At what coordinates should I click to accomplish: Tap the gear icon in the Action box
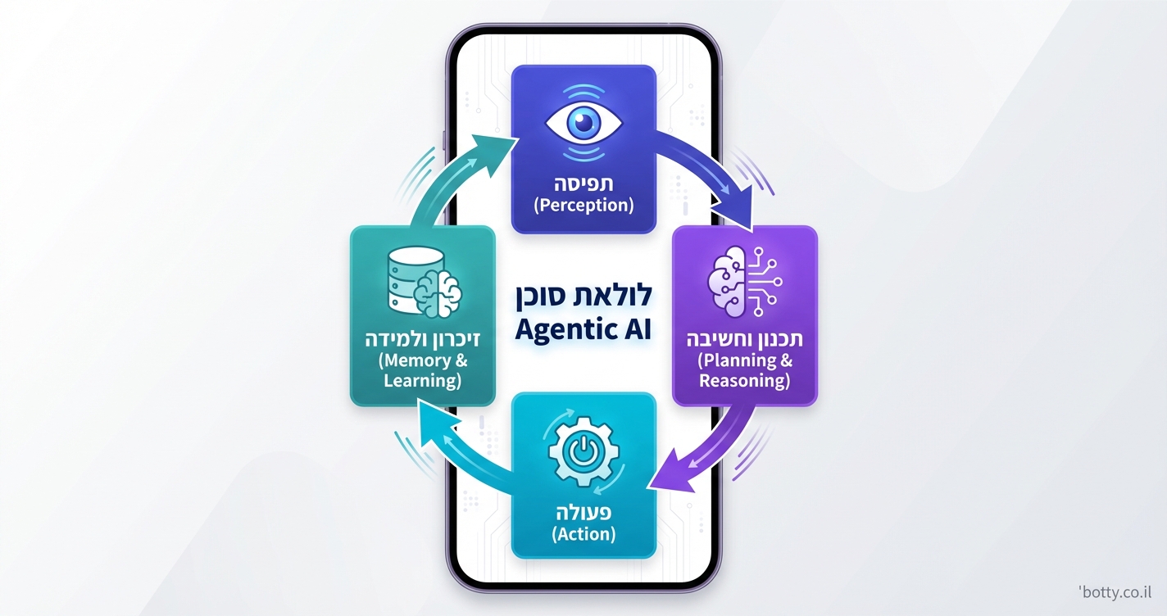[583, 452]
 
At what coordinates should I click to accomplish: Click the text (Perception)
[583, 205]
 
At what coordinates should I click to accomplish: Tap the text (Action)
[583, 534]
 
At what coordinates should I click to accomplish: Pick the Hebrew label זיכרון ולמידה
[422, 338]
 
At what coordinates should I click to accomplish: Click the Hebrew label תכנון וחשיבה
[744, 338]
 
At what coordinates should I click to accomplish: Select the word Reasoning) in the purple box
[744, 381]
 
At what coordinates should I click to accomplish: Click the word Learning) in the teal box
[422, 381]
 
